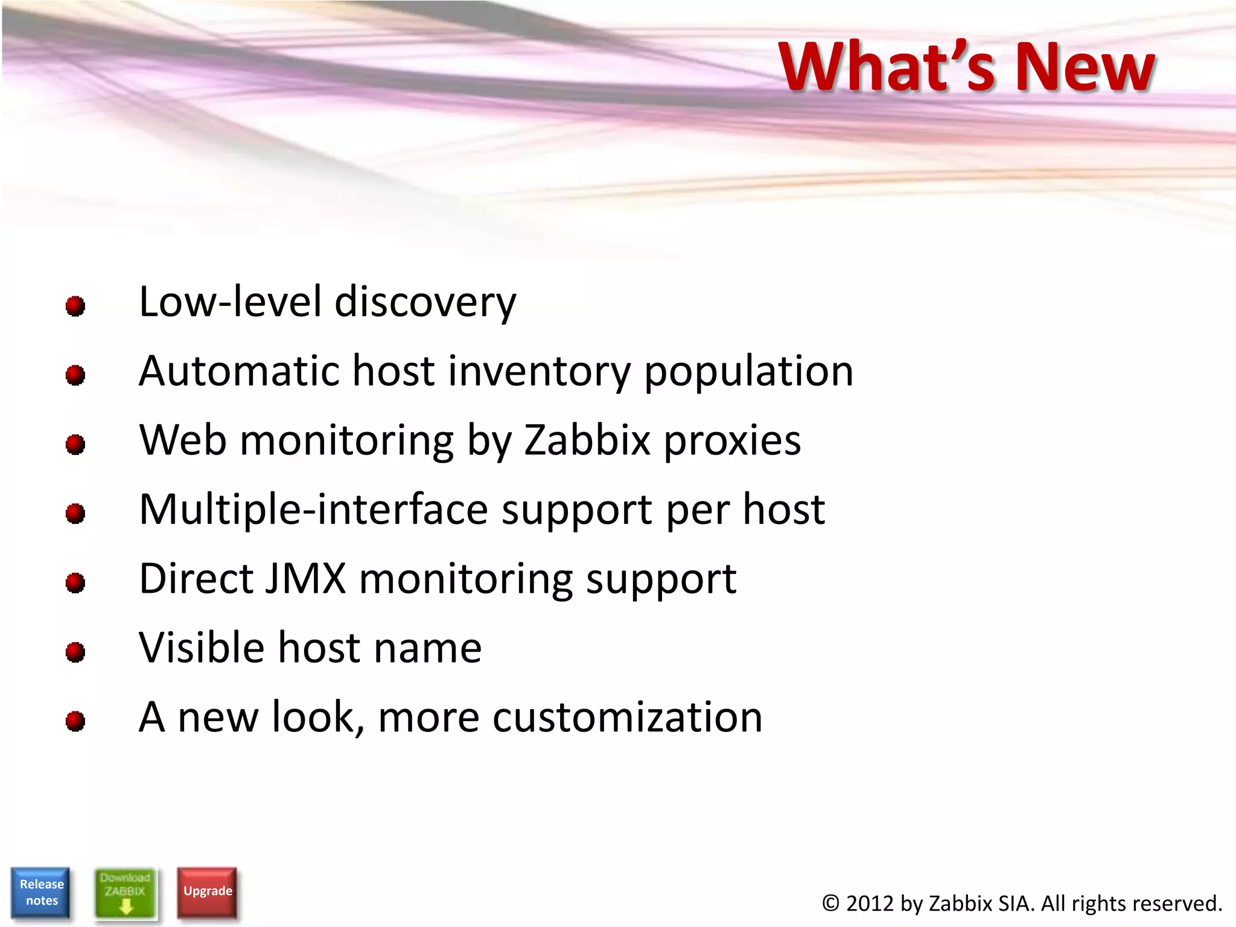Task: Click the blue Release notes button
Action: [40, 892]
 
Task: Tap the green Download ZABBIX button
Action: [125, 893]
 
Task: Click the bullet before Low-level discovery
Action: [75, 306]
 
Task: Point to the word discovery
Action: [425, 302]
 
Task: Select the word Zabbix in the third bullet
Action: [587, 440]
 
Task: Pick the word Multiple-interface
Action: [314, 510]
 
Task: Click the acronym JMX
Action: [306, 578]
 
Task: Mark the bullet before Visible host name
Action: [75, 652]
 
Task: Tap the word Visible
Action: [202, 648]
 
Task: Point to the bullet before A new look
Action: [75, 721]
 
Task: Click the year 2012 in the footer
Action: [869, 903]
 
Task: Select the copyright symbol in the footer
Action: [830, 903]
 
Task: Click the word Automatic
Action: [239, 371]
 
